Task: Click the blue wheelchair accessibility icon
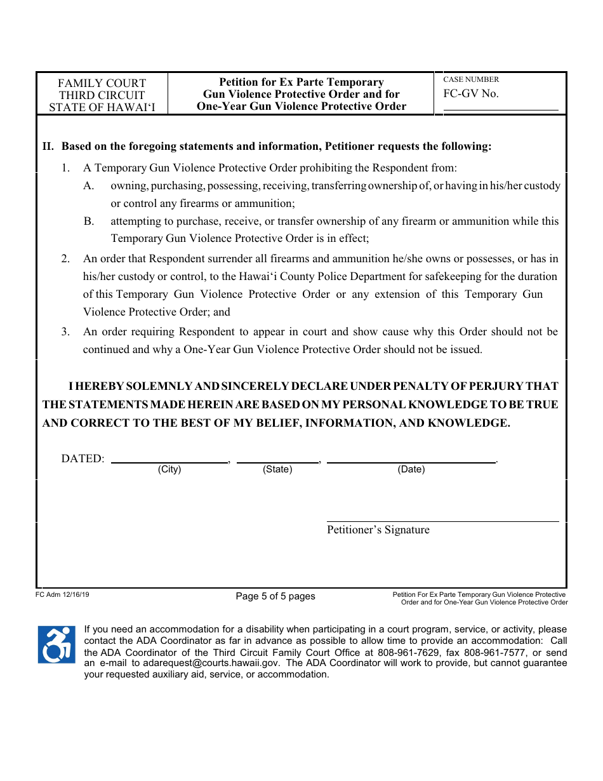point(56,644)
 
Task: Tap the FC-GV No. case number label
point(471,94)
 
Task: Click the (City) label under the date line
point(169,469)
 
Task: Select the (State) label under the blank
point(277,469)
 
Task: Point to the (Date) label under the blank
point(411,469)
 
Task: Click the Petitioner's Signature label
point(378,530)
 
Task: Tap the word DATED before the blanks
point(82,458)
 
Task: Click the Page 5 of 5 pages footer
point(275,596)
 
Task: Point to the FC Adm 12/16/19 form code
point(63,595)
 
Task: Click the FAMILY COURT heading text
point(102,83)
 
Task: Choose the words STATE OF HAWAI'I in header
point(102,107)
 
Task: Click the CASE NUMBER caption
point(471,79)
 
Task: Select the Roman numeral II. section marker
point(48,147)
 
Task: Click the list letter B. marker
point(89,221)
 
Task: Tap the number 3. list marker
point(65,331)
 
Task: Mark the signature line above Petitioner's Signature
point(442,521)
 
